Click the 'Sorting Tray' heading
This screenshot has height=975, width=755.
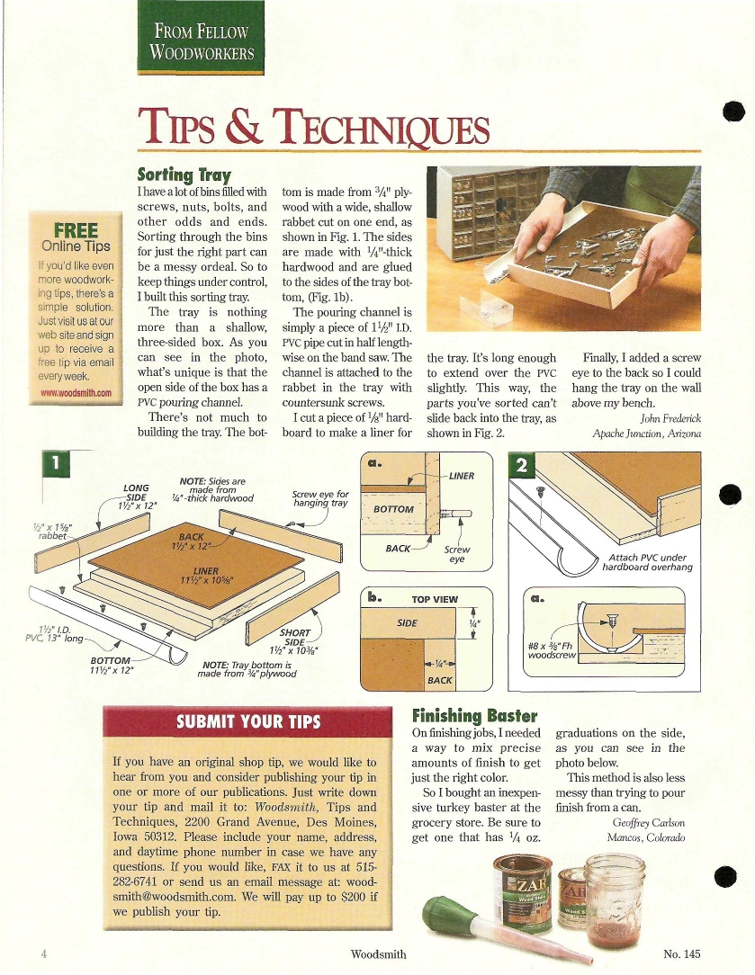[x=184, y=174]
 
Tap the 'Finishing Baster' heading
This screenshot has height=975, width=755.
[x=474, y=716]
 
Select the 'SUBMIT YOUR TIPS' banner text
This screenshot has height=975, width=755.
[x=248, y=721]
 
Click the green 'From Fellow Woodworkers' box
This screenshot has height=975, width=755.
[x=201, y=38]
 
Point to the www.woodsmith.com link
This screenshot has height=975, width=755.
[x=76, y=393]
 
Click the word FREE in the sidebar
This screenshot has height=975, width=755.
[x=76, y=230]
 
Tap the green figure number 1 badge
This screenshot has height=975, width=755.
[x=56, y=463]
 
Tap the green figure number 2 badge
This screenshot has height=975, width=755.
[x=522, y=465]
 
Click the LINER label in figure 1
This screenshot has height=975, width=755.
[x=206, y=570]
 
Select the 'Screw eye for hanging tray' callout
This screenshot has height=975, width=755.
[x=320, y=498]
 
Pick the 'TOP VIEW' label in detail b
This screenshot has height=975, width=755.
[x=435, y=599]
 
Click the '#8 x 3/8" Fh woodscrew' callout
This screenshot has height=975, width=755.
[x=552, y=650]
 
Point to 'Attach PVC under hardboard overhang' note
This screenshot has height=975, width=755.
[x=647, y=562]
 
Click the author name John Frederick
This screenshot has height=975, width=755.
[x=670, y=418]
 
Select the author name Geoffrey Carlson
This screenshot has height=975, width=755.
[x=649, y=822]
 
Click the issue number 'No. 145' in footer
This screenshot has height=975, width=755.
[x=681, y=953]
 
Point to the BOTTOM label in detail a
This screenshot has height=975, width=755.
[x=393, y=509]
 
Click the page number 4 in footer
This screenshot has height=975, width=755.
[x=43, y=953]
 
